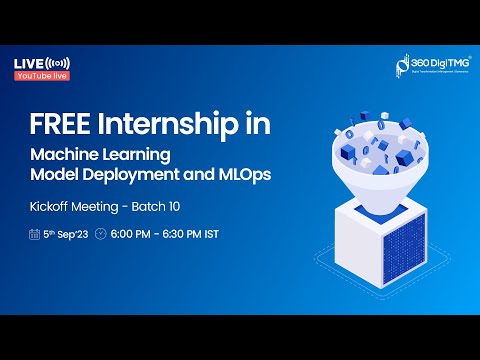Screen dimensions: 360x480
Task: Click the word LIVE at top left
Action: click(27, 63)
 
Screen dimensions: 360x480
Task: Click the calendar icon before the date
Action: click(36, 236)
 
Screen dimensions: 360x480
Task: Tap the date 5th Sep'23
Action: click(68, 236)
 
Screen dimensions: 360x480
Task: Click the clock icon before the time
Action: click(100, 236)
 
